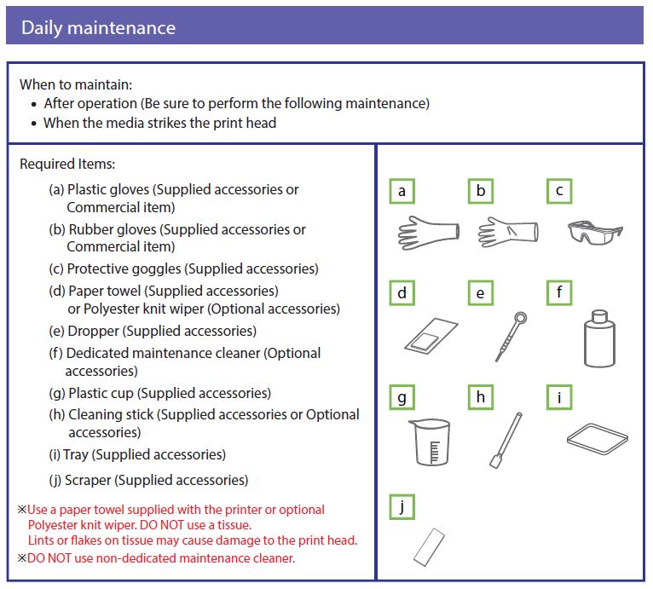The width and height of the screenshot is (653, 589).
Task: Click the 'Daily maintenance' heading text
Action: tap(98, 27)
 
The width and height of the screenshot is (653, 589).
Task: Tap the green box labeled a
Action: tap(402, 191)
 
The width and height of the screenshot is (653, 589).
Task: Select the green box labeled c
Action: tap(559, 191)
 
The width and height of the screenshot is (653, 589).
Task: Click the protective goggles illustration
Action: tap(594, 230)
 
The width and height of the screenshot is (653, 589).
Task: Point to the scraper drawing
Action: tap(429, 546)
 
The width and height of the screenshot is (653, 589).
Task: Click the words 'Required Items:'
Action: tap(67, 164)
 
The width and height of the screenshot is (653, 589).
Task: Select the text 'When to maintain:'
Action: tap(76, 85)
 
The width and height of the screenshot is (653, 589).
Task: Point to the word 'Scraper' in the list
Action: tap(88, 480)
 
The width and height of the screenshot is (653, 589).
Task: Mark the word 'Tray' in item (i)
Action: tap(75, 454)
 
